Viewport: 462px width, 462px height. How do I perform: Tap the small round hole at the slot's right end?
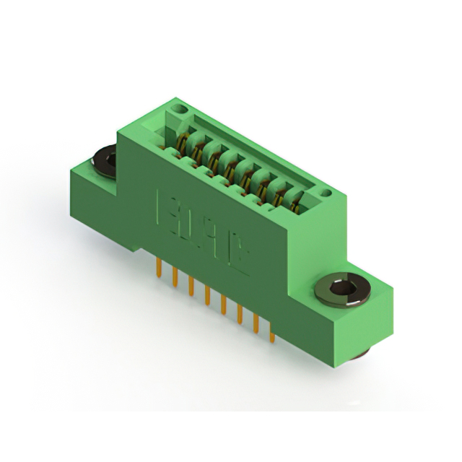[325, 193]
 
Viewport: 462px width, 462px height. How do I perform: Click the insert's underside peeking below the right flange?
[361, 353]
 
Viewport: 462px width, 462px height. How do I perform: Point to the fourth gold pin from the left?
[207, 296]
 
